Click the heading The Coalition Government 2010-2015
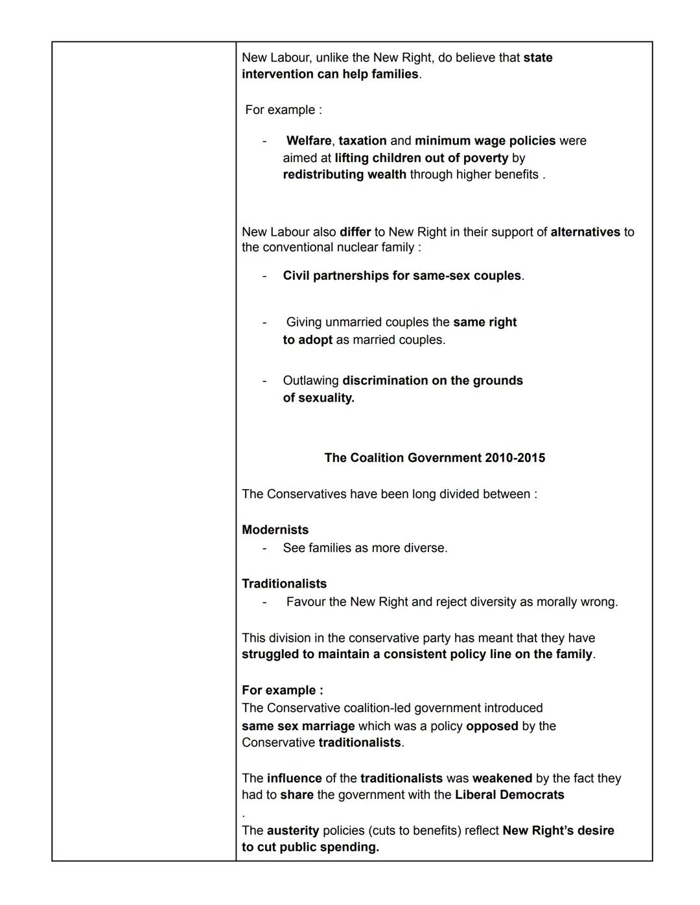point(434,458)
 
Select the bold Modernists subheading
point(275,530)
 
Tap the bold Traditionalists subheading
point(284,584)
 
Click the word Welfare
point(309,141)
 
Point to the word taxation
point(362,141)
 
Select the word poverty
point(485,158)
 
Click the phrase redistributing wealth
point(344,174)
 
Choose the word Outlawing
point(310,380)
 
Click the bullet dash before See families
point(264,548)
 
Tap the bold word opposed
point(492,726)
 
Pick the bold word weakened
point(502,778)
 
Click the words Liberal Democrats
point(509,795)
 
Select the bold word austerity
point(292,831)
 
